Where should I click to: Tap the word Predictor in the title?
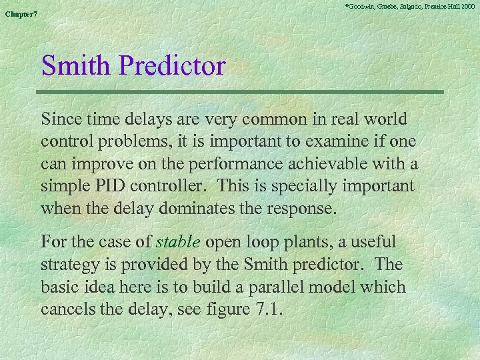point(176,65)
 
